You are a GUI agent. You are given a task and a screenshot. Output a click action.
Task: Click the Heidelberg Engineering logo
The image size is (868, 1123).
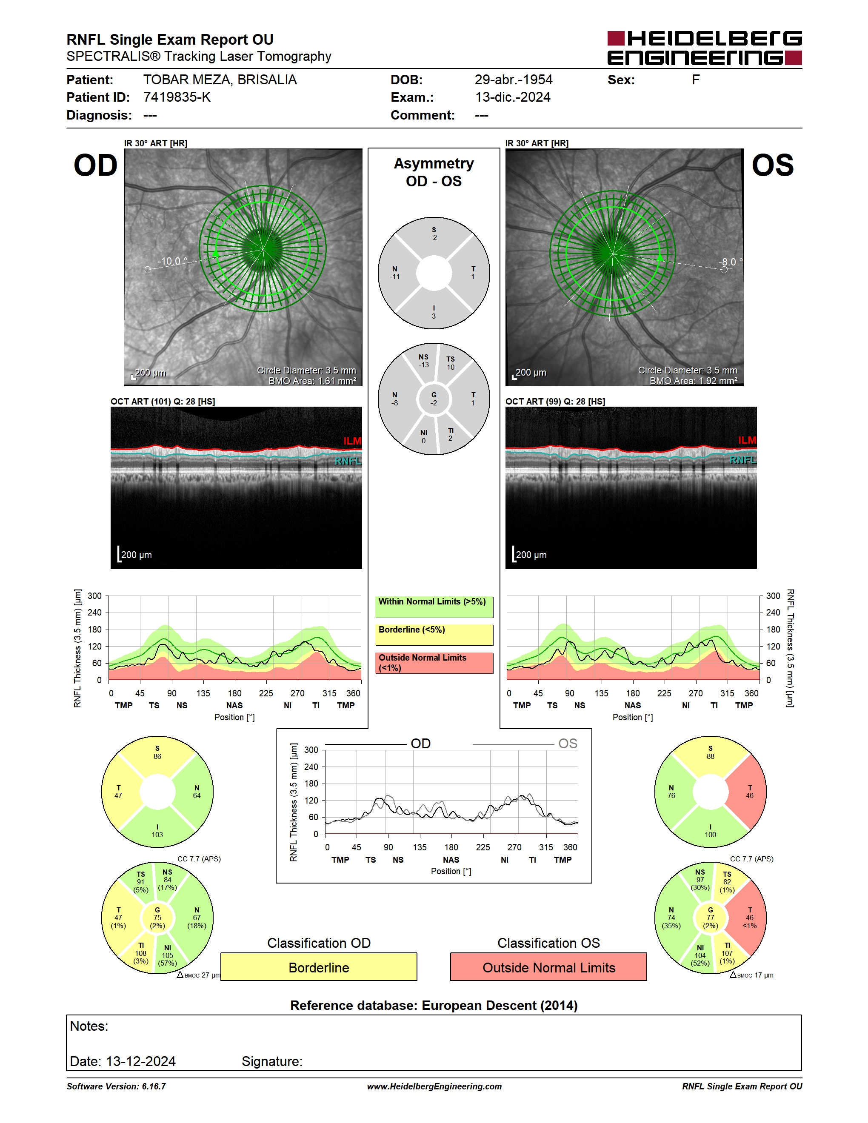(705, 48)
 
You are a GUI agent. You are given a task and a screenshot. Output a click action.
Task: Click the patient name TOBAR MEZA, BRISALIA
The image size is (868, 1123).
(220, 80)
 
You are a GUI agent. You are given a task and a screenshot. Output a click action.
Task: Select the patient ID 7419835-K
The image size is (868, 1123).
(177, 97)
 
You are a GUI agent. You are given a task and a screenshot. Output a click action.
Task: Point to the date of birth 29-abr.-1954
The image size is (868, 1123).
(513, 80)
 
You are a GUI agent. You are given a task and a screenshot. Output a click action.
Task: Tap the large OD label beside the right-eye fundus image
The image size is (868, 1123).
(96, 165)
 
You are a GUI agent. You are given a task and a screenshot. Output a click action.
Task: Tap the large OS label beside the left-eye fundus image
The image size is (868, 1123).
(772, 165)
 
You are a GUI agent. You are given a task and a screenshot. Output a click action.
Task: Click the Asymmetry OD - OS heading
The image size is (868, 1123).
(434, 172)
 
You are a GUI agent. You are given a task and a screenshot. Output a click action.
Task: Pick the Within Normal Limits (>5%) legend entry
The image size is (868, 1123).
(434, 607)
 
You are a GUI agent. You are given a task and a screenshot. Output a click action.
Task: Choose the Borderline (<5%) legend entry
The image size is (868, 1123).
(434, 635)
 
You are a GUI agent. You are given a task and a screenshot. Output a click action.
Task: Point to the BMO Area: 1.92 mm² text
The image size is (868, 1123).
(693, 381)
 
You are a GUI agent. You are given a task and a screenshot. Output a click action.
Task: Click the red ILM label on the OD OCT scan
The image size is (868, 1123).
(352, 441)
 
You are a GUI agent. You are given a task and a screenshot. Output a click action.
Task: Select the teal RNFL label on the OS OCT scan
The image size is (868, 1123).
(743, 460)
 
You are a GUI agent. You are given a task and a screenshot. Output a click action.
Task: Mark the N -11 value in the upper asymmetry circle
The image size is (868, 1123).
(394, 273)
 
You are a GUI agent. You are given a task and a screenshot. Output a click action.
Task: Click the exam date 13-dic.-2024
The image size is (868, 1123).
(513, 97)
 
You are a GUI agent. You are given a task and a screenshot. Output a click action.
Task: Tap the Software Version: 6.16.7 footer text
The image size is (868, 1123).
(116, 1086)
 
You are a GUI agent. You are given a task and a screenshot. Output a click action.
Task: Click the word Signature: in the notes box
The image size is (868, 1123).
(272, 1061)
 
